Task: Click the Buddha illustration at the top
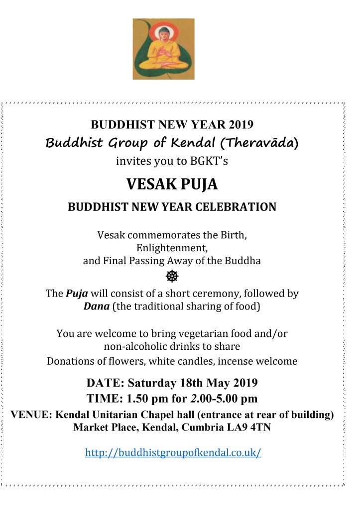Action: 163,49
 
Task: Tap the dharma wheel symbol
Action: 172,275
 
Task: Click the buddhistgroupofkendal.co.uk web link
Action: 173,453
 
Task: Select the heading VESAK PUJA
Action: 172,185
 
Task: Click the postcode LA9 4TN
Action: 251,427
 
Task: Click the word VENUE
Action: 31,414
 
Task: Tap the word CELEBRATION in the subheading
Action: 236,206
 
